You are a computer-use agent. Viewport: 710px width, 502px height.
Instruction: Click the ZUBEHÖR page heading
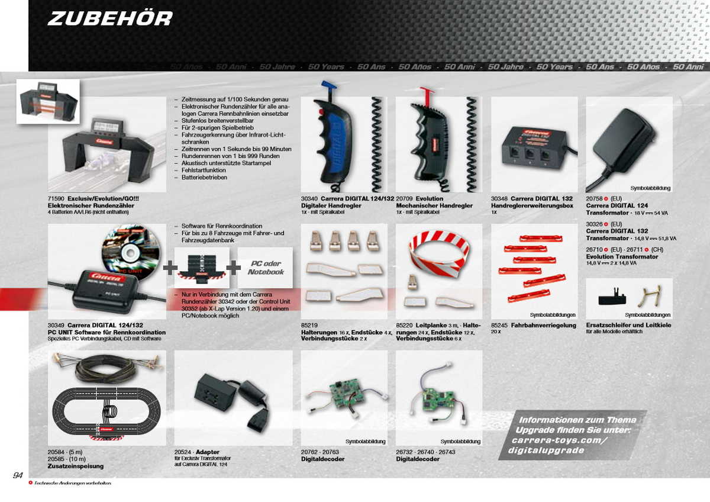110,18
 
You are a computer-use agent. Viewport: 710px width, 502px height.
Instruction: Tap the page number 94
18,475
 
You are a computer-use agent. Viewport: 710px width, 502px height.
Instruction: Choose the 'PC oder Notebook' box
266,268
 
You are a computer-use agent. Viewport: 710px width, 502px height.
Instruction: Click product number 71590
56,199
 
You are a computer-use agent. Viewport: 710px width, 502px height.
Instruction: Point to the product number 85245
500,325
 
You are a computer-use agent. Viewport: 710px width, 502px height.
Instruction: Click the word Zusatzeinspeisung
76,466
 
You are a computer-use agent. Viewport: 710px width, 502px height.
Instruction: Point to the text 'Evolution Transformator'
622,257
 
